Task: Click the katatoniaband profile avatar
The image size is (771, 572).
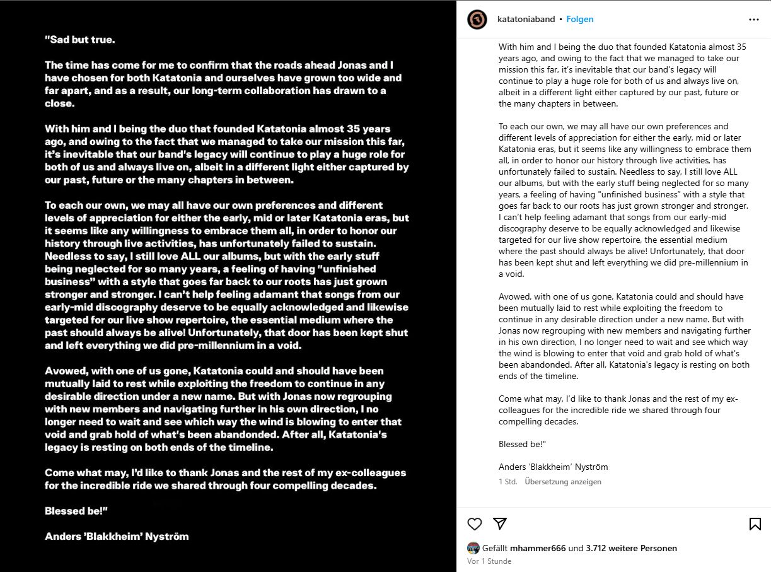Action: click(477, 20)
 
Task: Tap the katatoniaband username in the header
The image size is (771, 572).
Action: click(526, 20)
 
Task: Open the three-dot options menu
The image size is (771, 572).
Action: click(754, 20)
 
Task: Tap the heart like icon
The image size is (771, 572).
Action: click(475, 523)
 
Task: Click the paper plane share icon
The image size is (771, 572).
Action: click(500, 523)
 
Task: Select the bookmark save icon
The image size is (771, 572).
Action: click(755, 523)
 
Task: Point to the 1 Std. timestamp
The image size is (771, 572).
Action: click(507, 482)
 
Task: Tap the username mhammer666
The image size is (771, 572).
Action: click(538, 548)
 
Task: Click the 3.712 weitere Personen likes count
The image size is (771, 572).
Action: click(631, 548)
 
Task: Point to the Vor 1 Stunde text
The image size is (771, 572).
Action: click(489, 561)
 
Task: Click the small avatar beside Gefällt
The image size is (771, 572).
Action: click(473, 548)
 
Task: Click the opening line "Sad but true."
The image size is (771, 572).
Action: click(80, 39)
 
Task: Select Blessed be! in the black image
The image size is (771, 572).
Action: click(76, 511)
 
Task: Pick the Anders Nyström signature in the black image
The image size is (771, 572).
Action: click(117, 537)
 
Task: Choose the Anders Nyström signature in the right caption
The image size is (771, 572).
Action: click(553, 467)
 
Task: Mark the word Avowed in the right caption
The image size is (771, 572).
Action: click(514, 296)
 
